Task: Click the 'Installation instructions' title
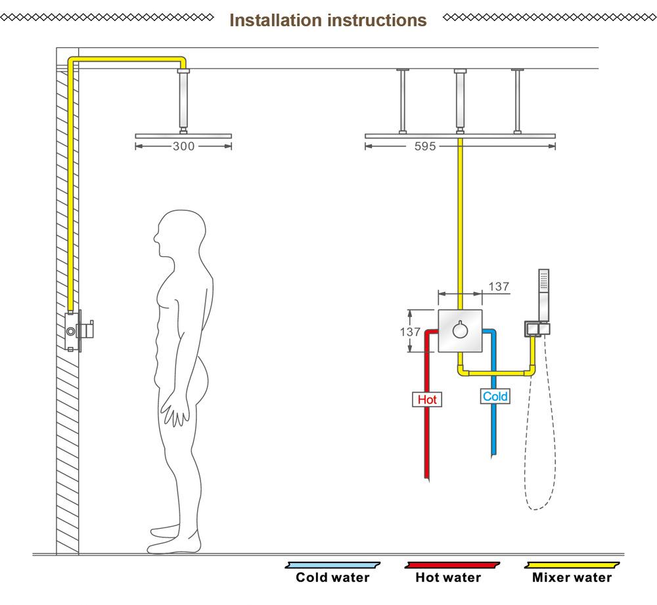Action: (x=328, y=20)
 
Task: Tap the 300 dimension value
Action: (x=183, y=146)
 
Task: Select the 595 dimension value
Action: (x=425, y=146)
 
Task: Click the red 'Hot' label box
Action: (x=427, y=399)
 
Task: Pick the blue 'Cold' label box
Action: (x=495, y=396)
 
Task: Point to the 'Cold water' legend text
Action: (x=332, y=577)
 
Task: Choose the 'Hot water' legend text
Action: (x=448, y=577)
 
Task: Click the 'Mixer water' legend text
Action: (x=572, y=577)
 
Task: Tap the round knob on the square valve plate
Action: (x=460, y=330)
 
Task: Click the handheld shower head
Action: (x=543, y=295)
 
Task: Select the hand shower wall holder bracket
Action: (x=537, y=329)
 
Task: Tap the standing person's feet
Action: (x=174, y=541)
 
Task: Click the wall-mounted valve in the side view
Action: (x=79, y=331)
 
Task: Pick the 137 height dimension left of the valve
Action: (x=410, y=332)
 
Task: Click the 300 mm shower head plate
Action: (x=183, y=136)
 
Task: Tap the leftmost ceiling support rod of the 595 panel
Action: (x=403, y=101)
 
